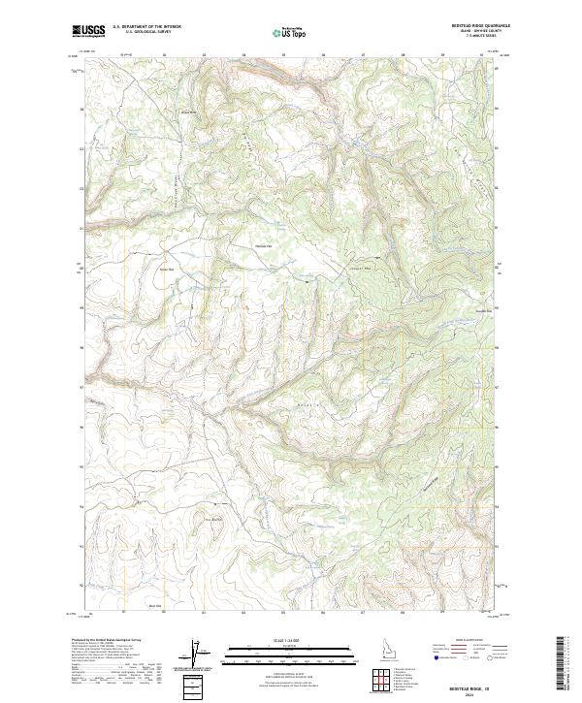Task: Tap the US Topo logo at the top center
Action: [x=290, y=32]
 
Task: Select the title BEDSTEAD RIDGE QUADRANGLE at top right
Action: [x=471, y=26]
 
